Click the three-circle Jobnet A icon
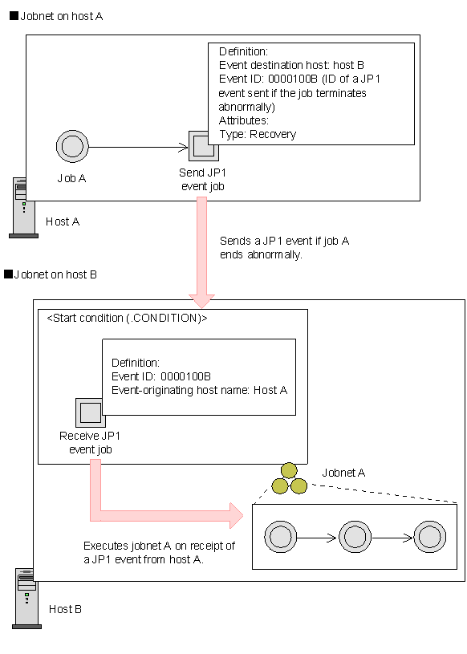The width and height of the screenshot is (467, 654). click(x=290, y=479)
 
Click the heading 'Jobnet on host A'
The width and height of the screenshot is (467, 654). click(x=56, y=16)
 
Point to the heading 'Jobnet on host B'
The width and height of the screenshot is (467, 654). click(x=51, y=274)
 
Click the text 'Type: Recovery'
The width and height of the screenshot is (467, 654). click(x=258, y=134)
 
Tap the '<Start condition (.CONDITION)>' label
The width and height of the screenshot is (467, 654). click(x=127, y=319)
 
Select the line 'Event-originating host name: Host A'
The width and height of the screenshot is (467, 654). click(x=199, y=391)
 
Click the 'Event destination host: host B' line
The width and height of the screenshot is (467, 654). click(x=291, y=65)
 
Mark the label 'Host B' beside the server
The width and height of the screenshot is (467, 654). click(x=65, y=609)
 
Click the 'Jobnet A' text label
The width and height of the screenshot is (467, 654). click(x=343, y=473)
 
